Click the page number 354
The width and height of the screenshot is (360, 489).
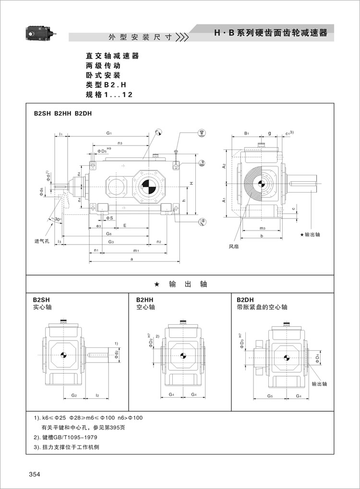click(x=34, y=475)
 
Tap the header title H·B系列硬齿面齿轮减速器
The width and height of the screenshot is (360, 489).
click(x=271, y=33)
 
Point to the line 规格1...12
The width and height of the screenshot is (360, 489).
click(x=109, y=95)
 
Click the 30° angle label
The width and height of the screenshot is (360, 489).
click(x=58, y=220)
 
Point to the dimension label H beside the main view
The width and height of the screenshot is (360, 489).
click(x=191, y=183)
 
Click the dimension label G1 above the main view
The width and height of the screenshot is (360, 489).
click(x=109, y=133)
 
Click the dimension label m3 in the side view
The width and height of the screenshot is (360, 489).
click(x=262, y=228)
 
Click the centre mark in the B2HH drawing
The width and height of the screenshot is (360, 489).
click(x=181, y=356)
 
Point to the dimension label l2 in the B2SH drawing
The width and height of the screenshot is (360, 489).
click(x=97, y=395)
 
